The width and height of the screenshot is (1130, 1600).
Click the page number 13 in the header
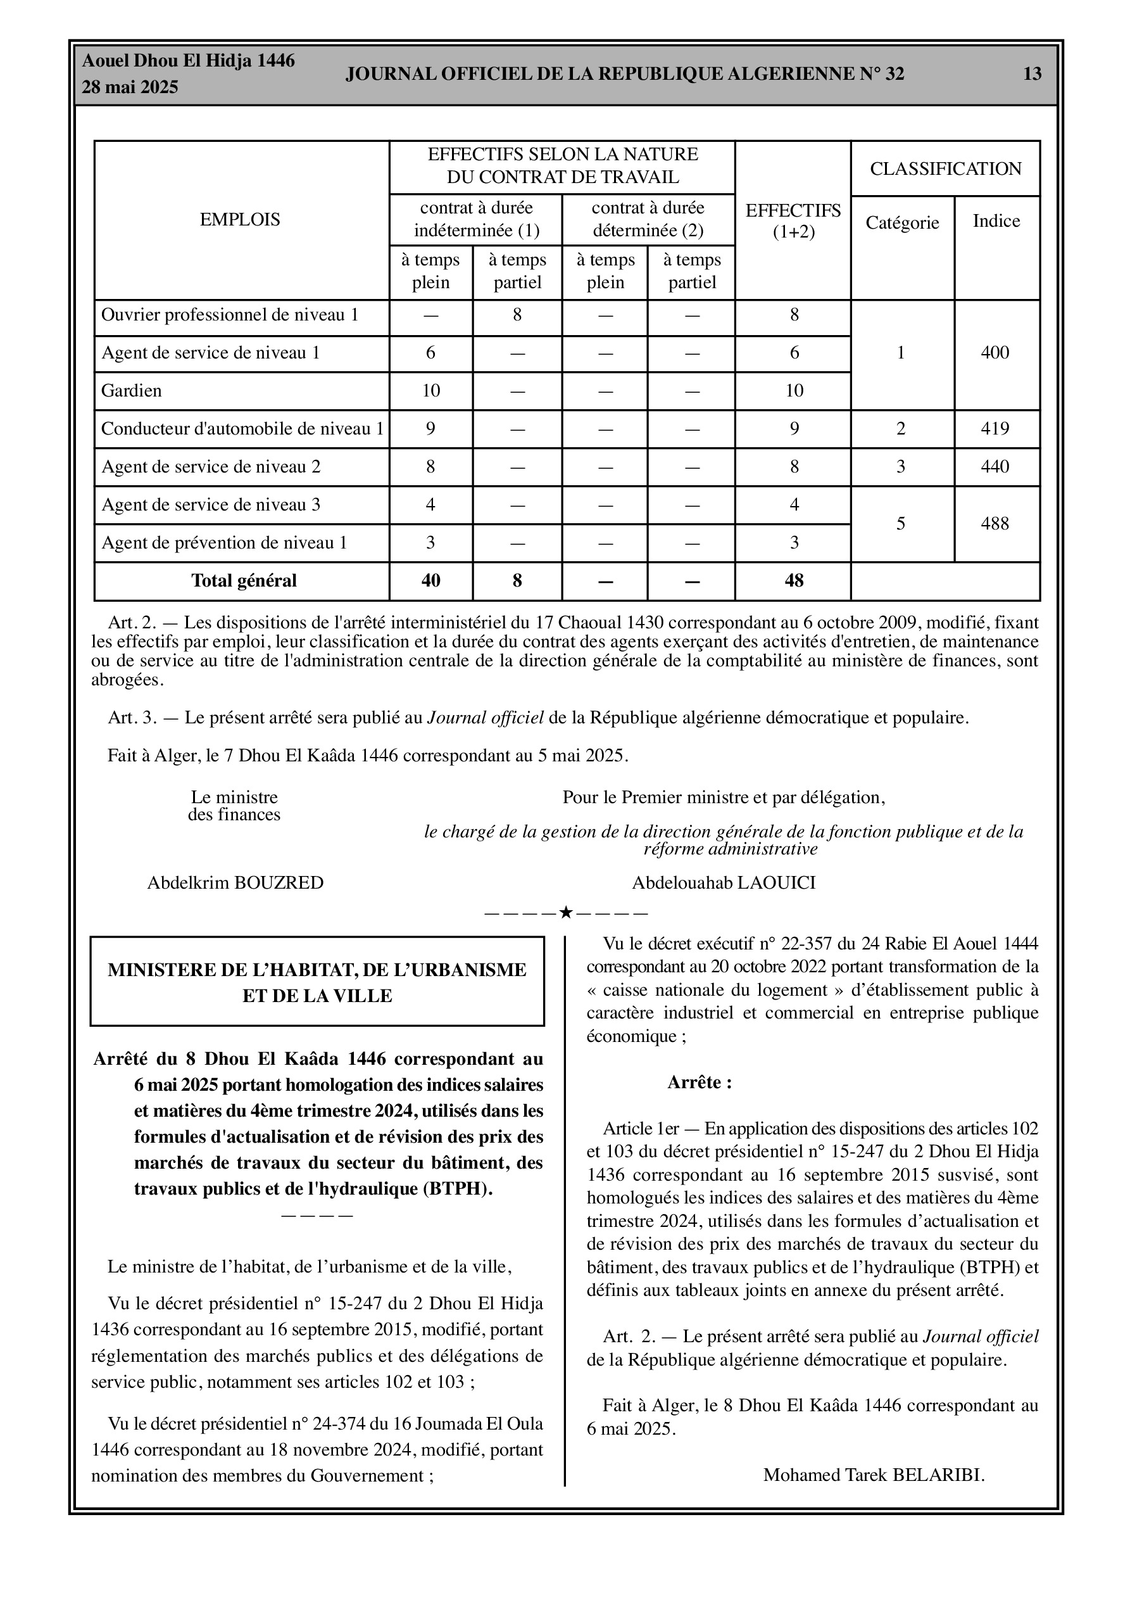(x=1032, y=74)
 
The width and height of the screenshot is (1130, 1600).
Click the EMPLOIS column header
(x=240, y=220)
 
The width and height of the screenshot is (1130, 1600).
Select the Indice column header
(x=996, y=221)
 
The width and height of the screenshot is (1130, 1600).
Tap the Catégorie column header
(x=902, y=222)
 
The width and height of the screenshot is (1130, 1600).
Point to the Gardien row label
(x=132, y=390)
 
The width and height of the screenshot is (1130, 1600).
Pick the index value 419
(x=995, y=429)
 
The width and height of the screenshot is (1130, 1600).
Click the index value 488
(x=995, y=523)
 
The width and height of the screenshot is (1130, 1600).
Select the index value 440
(x=995, y=466)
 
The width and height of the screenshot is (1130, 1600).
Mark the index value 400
(x=995, y=353)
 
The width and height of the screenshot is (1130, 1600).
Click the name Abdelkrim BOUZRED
(x=235, y=883)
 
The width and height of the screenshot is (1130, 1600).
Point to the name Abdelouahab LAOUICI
(x=723, y=883)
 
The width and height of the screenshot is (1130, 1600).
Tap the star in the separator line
(x=566, y=912)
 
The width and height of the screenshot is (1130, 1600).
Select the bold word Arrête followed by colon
(x=700, y=1083)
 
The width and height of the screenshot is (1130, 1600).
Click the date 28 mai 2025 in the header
(x=130, y=87)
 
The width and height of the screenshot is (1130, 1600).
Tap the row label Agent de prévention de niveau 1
(x=224, y=543)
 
